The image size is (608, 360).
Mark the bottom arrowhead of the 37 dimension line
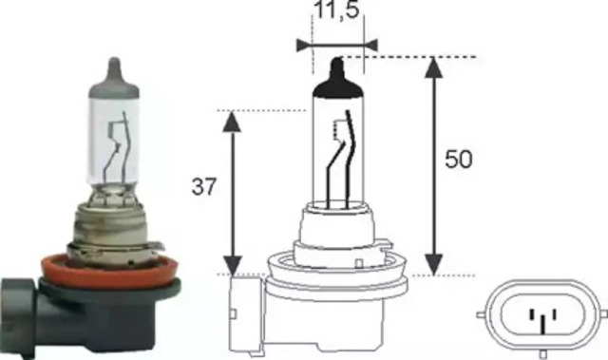tap(231, 267)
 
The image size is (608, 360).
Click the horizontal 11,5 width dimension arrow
tap(336, 44)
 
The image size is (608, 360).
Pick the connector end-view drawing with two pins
tap(539, 314)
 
